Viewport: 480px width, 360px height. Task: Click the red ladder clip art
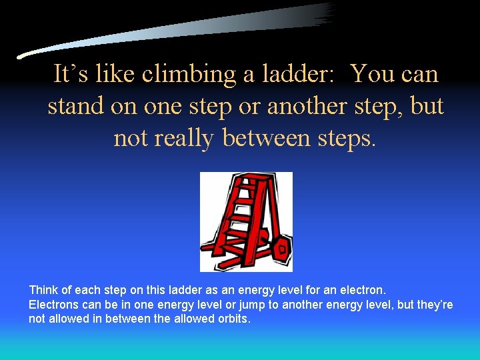[x=246, y=221]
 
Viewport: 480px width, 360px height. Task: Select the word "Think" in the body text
[x=43, y=291]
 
